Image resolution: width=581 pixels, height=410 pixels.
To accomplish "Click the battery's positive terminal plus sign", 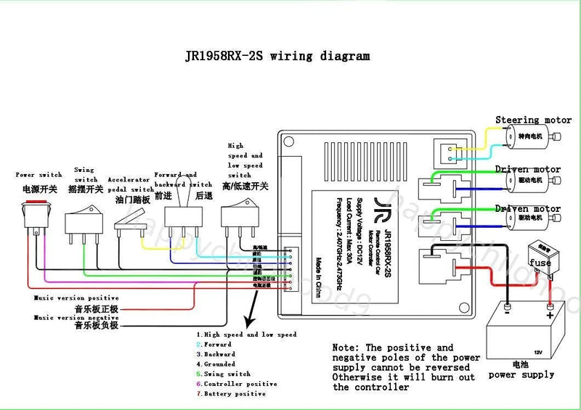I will coord(550,315).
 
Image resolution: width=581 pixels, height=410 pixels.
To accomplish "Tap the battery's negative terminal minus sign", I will coord(507,314).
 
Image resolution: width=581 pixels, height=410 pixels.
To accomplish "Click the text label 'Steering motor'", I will coord(534,120).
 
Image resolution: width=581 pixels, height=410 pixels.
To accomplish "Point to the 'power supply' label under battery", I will coord(521,375).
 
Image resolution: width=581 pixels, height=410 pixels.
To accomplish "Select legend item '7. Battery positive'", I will coord(231,393).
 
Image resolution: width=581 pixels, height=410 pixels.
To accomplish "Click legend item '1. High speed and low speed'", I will coord(247,335).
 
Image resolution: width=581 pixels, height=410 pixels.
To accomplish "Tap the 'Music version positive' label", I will coord(76,298).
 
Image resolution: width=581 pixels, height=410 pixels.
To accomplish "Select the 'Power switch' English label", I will coord(39,175).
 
